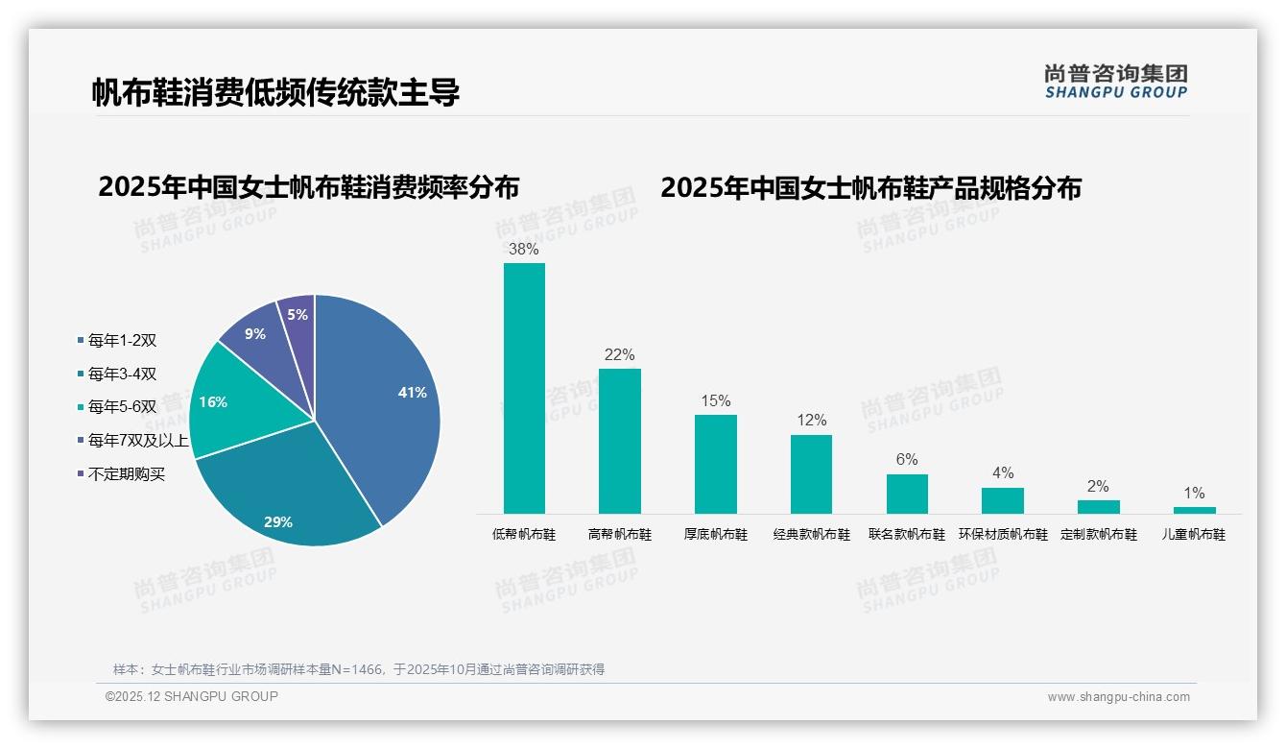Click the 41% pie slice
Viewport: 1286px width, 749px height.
tap(384, 403)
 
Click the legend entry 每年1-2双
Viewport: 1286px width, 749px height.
tap(122, 340)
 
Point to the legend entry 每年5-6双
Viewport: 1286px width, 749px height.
tap(122, 407)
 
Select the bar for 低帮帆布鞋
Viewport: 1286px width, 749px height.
tap(524, 389)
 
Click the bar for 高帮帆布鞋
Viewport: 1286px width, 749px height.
tap(619, 442)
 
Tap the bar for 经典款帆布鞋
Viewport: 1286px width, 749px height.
tap(811, 474)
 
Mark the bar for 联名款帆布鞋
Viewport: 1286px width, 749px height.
tap(907, 494)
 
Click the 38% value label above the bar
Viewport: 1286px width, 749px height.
tap(524, 250)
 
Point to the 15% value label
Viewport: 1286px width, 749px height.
tap(715, 401)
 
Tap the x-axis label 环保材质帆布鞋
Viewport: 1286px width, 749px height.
tap(1003, 535)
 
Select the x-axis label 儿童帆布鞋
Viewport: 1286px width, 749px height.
tap(1194, 535)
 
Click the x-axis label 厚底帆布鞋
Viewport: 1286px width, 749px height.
tap(715, 535)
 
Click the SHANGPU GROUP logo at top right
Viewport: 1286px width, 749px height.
tap(1116, 82)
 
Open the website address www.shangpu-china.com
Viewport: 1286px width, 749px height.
tap(1118, 697)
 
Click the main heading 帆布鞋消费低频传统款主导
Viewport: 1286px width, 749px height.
tap(275, 92)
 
